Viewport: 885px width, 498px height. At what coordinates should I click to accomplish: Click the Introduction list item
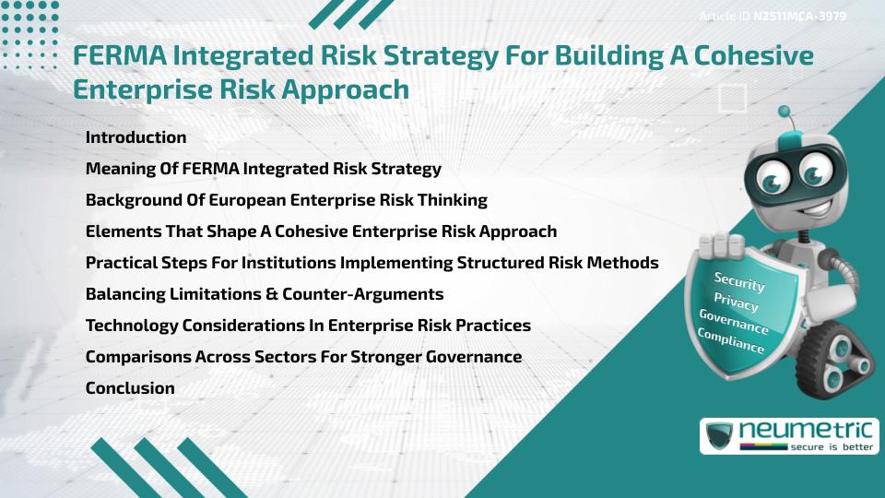(x=136, y=137)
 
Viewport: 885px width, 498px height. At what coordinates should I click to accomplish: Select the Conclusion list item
(x=130, y=388)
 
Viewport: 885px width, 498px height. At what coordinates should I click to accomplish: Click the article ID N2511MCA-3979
(x=799, y=16)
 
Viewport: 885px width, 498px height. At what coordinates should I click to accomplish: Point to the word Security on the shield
(x=739, y=282)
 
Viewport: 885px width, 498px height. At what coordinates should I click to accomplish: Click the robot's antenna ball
(x=785, y=113)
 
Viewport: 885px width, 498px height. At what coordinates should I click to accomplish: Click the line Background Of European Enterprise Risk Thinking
(x=286, y=200)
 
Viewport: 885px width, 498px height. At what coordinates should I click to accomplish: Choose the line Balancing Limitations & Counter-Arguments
(x=265, y=294)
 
